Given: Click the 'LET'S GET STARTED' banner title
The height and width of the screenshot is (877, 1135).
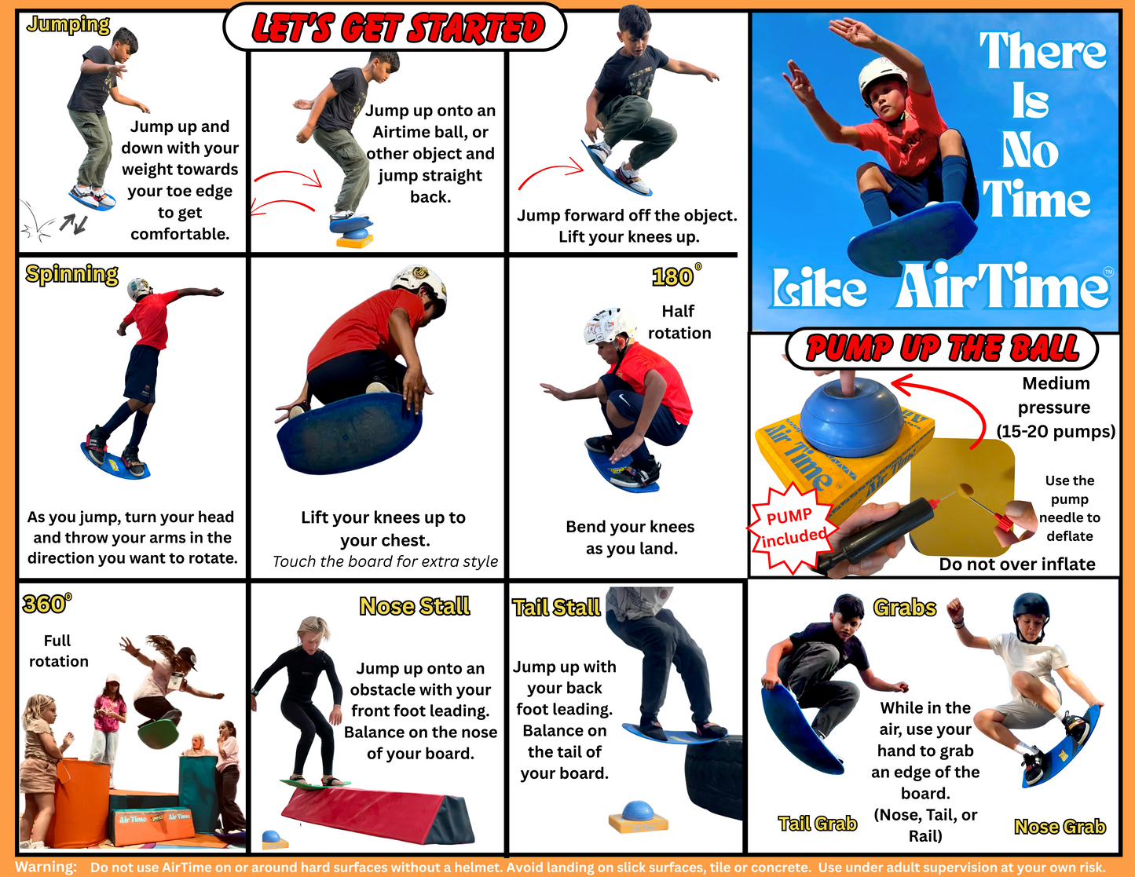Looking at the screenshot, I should (x=396, y=28).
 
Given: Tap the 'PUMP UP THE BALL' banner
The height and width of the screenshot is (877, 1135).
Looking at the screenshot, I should (x=942, y=348).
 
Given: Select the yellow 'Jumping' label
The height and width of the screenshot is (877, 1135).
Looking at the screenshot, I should (x=68, y=24).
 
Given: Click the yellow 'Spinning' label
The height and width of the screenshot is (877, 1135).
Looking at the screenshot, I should (x=71, y=274).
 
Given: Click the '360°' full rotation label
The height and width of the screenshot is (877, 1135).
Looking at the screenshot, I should (x=46, y=604).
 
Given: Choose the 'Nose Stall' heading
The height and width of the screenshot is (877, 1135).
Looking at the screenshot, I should (x=414, y=606).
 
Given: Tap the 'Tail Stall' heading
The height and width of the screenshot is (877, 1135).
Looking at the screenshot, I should (x=556, y=608).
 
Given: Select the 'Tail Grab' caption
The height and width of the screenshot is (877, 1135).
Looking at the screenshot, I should (x=817, y=823).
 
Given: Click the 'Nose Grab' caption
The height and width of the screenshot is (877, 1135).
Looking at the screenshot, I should (x=1060, y=826).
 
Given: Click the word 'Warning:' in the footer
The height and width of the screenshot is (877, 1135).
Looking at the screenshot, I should (x=46, y=868).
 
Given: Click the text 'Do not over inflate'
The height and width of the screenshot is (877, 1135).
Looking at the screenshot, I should (x=1016, y=564).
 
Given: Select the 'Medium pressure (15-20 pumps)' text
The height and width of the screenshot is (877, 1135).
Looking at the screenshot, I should (x=1056, y=407).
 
